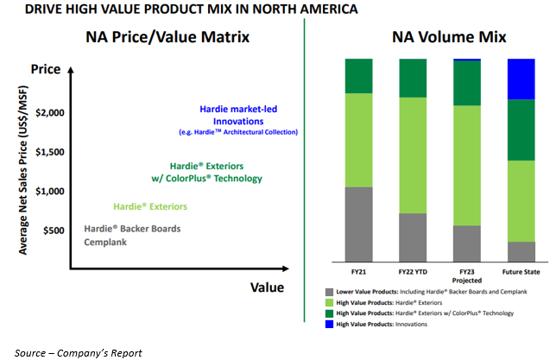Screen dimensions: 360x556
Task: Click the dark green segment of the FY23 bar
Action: pyautogui.click(x=467, y=84)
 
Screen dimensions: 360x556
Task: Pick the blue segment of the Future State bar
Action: pyautogui.click(x=521, y=79)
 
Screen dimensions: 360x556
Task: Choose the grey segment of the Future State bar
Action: pyautogui.click(x=521, y=252)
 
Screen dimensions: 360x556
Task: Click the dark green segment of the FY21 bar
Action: pyautogui.click(x=359, y=76)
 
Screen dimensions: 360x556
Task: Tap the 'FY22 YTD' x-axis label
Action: pyautogui.click(x=413, y=272)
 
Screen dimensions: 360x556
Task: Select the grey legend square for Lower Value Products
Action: pyautogui.click(x=329, y=292)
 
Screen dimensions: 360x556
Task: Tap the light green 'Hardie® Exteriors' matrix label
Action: pyautogui.click(x=149, y=206)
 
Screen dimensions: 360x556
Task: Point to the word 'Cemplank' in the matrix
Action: pyautogui.click(x=106, y=243)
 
